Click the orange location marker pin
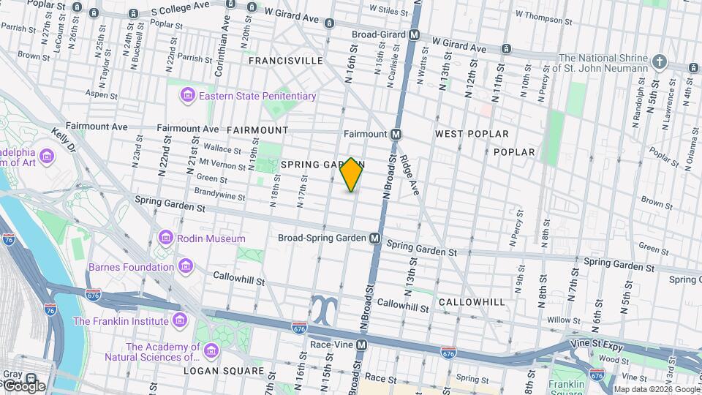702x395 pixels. coord(352,175)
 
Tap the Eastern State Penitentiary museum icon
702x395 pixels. coord(188,96)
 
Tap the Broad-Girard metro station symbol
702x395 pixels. coord(415,34)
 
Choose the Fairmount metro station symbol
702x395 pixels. coord(396,135)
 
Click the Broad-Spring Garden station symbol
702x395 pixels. coord(375,238)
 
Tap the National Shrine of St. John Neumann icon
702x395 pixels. coord(660,62)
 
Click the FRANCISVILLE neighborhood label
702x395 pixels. coord(285,61)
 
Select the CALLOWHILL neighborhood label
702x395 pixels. coord(472,302)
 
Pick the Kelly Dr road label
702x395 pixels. coord(64,140)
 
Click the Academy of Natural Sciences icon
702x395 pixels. coord(211,352)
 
